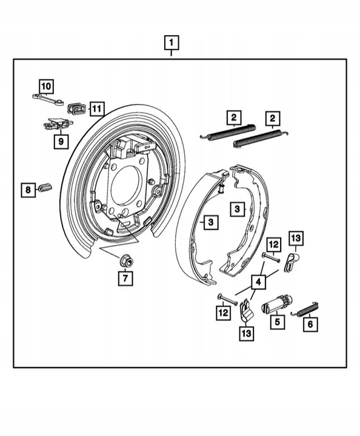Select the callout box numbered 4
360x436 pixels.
[x=259, y=282]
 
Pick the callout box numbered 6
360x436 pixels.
[x=311, y=324]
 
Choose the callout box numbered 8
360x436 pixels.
[x=28, y=190]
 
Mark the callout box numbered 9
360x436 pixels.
[x=60, y=141]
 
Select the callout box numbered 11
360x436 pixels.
[x=96, y=109]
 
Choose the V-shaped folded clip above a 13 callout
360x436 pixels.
[x=246, y=309]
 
